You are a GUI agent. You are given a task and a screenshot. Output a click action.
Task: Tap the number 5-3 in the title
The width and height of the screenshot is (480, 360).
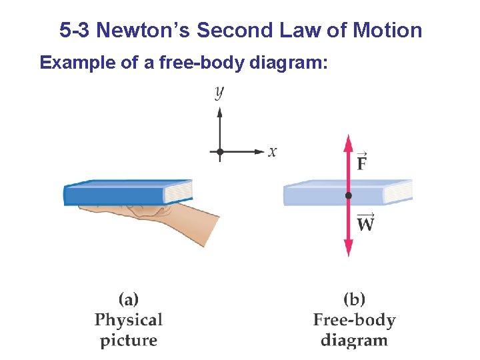point(74,31)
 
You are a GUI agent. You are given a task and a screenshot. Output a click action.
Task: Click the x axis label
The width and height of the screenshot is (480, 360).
point(272,152)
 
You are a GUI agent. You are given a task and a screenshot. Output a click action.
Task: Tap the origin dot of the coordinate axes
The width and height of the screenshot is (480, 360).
point(219,152)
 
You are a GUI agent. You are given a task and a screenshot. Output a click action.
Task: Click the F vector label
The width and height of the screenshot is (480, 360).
point(361,161)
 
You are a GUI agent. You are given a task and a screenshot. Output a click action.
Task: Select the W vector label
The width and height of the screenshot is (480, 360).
point(365,222)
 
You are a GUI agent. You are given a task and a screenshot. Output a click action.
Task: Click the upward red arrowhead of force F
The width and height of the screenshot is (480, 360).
point(347,142)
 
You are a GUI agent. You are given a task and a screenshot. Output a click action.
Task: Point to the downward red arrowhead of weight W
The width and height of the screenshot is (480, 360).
point(347,250)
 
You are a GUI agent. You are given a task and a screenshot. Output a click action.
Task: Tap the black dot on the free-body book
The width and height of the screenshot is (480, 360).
point(347,195)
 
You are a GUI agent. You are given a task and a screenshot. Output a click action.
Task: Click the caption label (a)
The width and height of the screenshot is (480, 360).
point(129,299)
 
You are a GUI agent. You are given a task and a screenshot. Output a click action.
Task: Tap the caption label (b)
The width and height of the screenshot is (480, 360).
point(354,299)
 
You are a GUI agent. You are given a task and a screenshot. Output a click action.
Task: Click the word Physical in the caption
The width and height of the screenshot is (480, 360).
point(129,320)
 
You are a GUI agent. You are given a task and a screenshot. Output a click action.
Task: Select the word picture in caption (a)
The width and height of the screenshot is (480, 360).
point(129,341)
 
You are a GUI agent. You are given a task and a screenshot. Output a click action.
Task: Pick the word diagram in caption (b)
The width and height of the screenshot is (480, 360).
point(354,341)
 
